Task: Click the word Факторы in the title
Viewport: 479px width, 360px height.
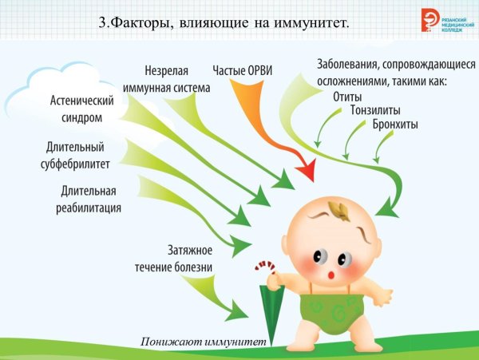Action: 141,22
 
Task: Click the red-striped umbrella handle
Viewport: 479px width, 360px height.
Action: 263,271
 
